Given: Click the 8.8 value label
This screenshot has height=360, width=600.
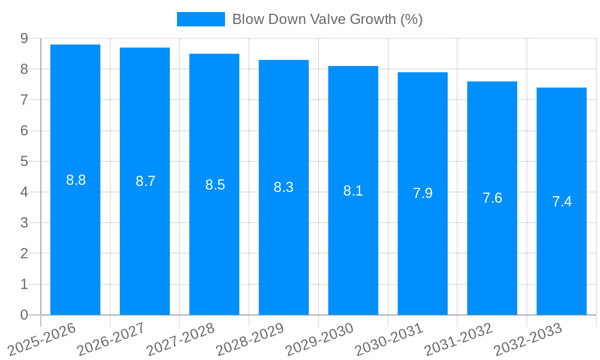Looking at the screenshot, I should (x=76, y=180).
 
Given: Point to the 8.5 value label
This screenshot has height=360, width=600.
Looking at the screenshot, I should (x=215, y=185).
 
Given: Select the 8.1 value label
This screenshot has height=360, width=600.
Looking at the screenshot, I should (x=353, y=191).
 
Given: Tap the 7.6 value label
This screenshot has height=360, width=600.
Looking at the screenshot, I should (x=492, y=198).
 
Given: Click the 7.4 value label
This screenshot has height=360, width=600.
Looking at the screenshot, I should (x=562, y=202).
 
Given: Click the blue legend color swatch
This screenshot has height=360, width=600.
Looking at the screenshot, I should (x=200, y=19).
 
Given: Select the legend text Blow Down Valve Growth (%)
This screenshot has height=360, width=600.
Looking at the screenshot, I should (x=327, y=19).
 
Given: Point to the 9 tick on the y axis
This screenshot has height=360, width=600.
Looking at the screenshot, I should (x=24, y=38).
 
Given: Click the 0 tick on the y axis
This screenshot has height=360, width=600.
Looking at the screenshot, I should (x=24, y=315).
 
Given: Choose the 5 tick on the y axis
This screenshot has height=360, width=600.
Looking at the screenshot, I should (x=24, y=161).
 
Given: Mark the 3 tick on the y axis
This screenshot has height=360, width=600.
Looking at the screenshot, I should (x=24, y=223).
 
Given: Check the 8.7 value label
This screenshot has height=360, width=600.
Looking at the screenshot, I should (x=145, y=181).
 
